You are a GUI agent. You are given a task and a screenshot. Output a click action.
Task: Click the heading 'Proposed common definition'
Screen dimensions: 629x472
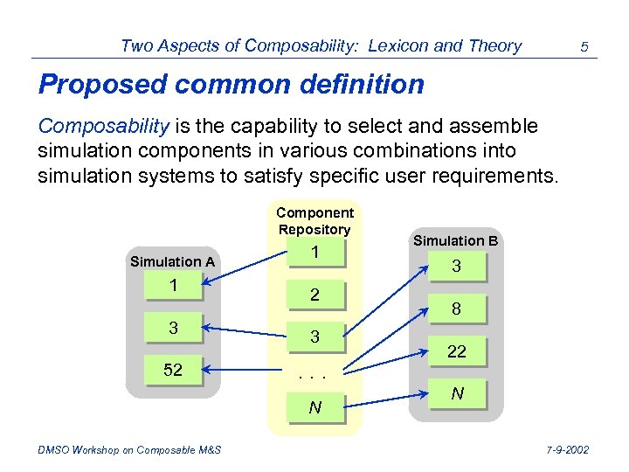[x=232, y=85]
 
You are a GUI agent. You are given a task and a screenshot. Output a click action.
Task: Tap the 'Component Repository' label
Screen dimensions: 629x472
[x=314, y=220]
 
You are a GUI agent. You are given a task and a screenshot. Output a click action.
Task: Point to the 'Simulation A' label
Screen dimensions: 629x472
[x=172, y=261]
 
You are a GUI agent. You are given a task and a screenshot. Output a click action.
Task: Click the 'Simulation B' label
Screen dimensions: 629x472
[x=456, y=240]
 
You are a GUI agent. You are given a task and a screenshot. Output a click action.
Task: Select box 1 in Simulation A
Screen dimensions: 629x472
[x=173, y=286]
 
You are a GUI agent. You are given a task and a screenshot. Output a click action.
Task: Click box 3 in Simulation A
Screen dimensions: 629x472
[x=173, y=328]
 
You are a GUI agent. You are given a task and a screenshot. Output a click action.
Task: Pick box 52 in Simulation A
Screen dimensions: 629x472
[x=173, y=370]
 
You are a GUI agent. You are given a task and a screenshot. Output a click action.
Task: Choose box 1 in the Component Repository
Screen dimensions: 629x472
[x=314, y=253]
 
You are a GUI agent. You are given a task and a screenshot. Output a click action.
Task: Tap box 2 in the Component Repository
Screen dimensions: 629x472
[x=314, y=295]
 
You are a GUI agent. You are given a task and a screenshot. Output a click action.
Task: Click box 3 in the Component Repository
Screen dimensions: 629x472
[x=314, y=337]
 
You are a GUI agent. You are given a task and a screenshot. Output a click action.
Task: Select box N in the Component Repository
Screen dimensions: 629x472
[x=314, y=407]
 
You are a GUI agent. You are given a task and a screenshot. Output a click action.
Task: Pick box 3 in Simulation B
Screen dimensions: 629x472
[x=456, y=267]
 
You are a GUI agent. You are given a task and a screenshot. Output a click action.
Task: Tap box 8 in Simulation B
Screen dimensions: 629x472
[x=456, y=309]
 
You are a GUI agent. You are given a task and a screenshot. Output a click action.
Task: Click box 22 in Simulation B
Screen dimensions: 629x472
[x=456, y=351]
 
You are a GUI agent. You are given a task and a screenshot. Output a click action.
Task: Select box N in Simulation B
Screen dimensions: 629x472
[x=456, y=394]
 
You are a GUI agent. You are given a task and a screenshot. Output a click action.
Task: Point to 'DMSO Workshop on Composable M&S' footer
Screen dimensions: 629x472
[x=129, y=450]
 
